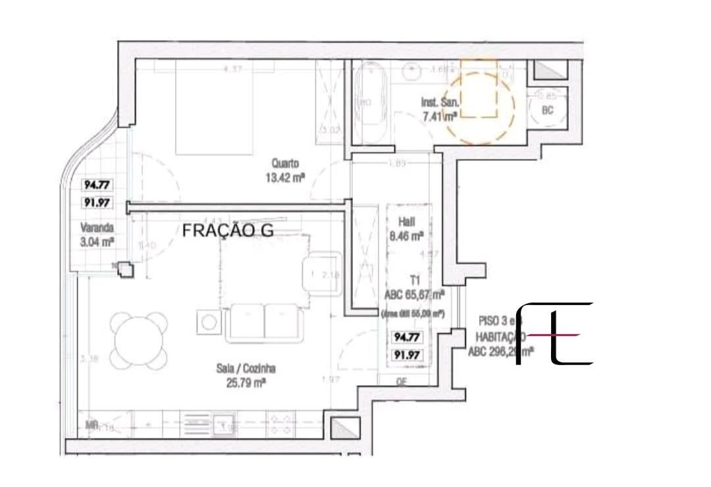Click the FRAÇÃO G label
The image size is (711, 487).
point(227,230)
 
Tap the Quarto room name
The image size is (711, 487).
point(286,162)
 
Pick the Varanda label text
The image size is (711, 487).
point(97,227)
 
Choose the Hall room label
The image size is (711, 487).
point(407,223)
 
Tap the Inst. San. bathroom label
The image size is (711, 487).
point(439,102)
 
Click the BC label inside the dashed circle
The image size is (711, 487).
point(547,111)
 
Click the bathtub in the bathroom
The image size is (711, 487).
point(371,103)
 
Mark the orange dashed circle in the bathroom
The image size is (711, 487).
point(477,109)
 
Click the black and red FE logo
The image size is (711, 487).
point(553,334)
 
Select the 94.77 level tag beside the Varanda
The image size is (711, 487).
point(97,185)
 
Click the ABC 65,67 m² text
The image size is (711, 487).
point(413,295)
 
